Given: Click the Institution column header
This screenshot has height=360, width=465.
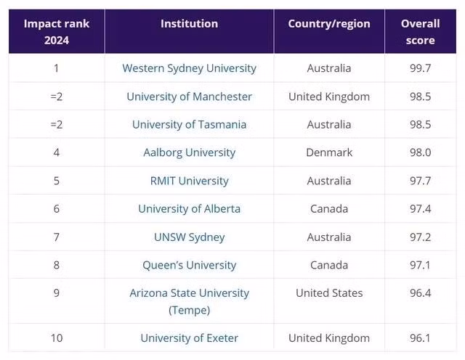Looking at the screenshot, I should coord(189,24).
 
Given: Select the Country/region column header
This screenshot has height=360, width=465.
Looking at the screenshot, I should coord(329,24).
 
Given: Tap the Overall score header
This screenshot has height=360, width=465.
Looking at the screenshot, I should coord(420,32).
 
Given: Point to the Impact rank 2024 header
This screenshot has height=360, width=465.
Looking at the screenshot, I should coord(56,32).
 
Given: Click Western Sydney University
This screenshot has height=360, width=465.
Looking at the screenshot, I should coord(189,68).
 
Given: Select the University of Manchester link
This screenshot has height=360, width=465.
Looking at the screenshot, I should coord(189,97).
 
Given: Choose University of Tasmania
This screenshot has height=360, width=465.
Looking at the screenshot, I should coord(189,124).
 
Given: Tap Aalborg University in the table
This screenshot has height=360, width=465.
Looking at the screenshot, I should coord(189,152).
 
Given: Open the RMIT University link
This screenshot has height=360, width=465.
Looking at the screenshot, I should coord(189,181).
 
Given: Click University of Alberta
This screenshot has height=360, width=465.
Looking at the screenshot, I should coord(189,209).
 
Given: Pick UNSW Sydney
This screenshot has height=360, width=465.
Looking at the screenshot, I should coord(189,237).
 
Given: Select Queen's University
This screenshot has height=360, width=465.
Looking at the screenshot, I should coord(189,266).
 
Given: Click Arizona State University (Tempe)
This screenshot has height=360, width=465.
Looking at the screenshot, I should coord(189,301).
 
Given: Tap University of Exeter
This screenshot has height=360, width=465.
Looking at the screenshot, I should coord(189,338).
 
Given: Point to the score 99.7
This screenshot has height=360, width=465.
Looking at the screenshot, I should coord(420,68).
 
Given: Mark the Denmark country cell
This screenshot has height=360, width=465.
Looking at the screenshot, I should coord(329,152).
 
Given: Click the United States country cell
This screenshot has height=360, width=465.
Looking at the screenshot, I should coord(329,293).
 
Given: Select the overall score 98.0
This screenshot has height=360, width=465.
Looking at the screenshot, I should coord(420,152).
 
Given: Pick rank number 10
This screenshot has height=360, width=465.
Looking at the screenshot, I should coord(57,338).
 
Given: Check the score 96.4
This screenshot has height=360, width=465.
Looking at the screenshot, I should coord(420,293).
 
